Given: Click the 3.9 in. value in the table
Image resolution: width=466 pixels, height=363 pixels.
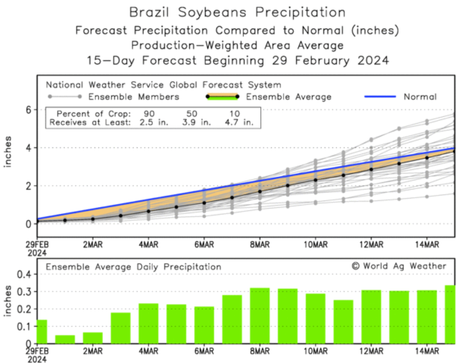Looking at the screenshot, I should click(202, 122).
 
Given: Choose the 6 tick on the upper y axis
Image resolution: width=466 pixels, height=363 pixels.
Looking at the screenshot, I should click(26, 110).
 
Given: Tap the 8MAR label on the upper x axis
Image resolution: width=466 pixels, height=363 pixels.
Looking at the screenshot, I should click(260, 245).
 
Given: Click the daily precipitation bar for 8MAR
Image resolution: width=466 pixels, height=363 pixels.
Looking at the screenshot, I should click(260, 315).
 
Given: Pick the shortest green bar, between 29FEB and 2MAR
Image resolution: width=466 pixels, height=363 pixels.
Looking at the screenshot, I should click(65, 339).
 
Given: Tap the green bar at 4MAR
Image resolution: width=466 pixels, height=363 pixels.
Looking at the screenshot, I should click(148, 323).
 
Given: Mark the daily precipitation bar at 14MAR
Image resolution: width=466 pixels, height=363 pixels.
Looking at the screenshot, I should click(427, 316).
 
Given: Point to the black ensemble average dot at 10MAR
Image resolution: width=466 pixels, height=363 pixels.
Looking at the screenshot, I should click(315, 180).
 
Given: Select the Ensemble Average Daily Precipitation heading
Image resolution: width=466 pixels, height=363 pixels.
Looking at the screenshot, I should click(134, 266).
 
